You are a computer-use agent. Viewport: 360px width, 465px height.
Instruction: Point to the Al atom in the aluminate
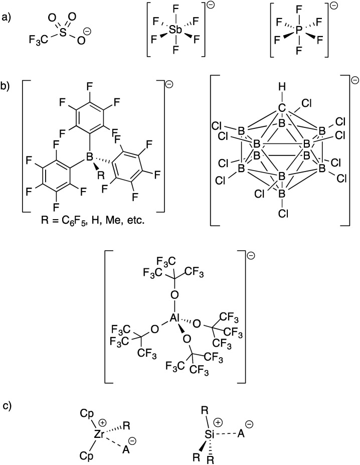[175, 332]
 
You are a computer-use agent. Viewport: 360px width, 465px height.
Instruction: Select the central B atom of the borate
[91, 158]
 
